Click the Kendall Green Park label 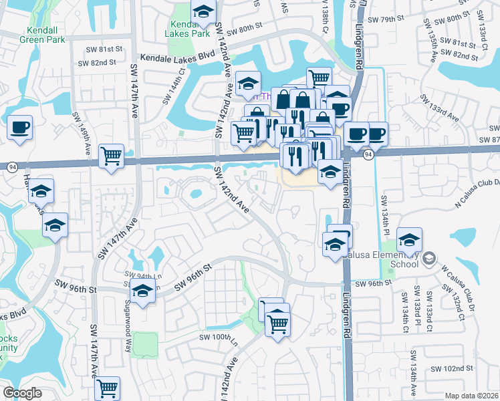point(47,36)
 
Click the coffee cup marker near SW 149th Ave point(19,127)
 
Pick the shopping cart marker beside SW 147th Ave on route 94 point(112,156)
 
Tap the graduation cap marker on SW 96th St point(142,291)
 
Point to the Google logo point(22,392)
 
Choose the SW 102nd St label point(451,368)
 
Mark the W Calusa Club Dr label point(442,286)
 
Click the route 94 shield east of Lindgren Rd point(368,155)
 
